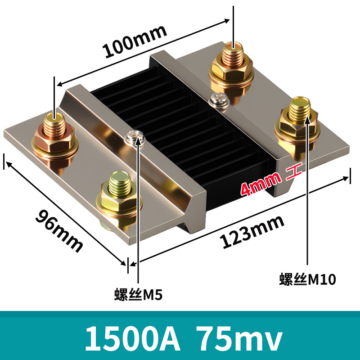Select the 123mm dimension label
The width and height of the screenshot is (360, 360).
point(252,231)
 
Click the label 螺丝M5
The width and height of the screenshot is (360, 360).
point(138,295)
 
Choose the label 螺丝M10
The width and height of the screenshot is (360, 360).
point(307,279)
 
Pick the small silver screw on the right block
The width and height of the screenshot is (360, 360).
point(220,99)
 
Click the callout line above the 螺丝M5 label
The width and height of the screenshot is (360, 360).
point(138,216)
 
